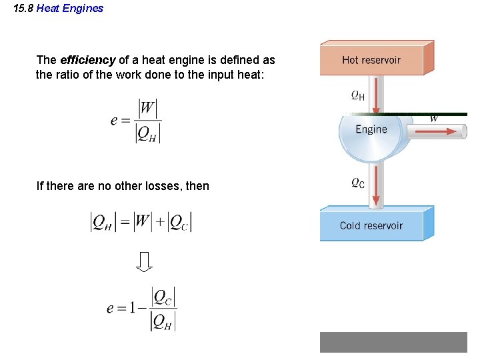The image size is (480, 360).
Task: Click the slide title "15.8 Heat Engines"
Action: [x=59, y=9]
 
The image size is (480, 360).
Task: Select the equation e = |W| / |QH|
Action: [x=136, y=121]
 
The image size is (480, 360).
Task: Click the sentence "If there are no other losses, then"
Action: [x=123, y=186]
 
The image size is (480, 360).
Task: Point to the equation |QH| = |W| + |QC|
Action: [x=141, y=221]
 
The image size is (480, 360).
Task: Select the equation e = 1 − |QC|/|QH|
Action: [x=141, y=309]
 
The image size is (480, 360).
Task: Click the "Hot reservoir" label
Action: [x=371, y=60]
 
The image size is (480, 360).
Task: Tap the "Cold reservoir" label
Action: [x=371, y=225]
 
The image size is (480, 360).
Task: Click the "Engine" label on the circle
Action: [x=371, y=129]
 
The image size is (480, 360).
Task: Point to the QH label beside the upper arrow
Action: [x=358, y=95]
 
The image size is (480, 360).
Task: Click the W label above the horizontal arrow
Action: [x=434, y=119]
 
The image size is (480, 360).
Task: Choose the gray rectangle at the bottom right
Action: [x=393, y=342]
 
